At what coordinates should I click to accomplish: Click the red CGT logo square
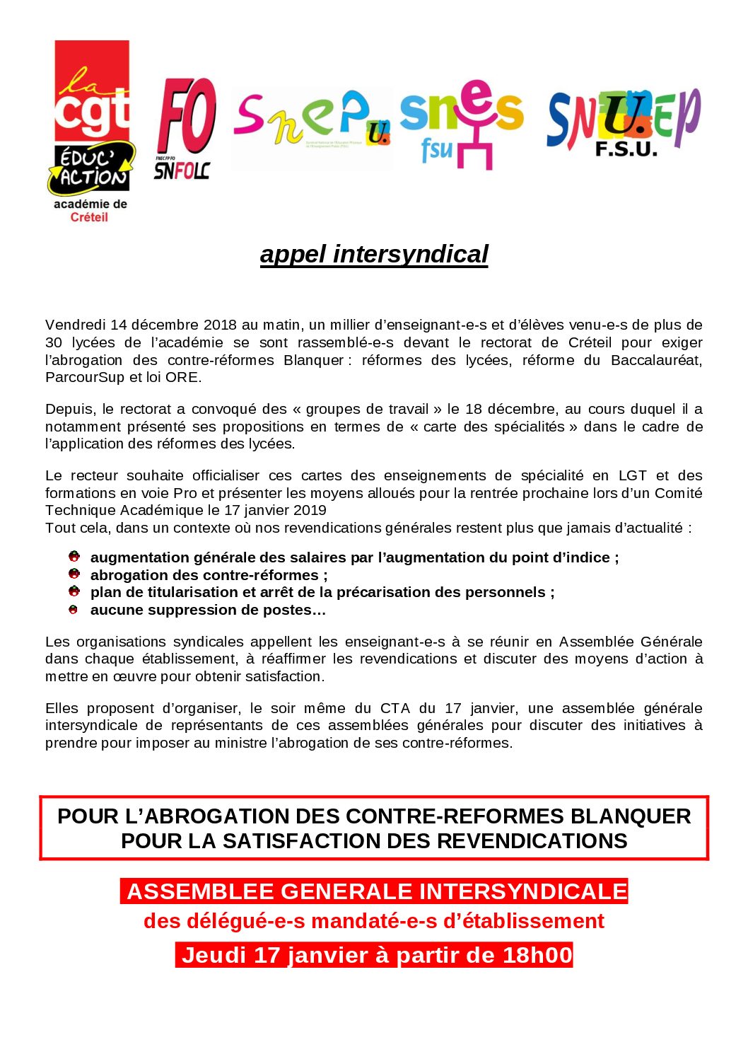(92, 91)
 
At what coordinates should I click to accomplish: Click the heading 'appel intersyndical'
(374, 254)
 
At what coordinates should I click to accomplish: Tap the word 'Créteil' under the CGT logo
(89, 217)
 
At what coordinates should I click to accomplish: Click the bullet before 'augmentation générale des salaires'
(74, 557)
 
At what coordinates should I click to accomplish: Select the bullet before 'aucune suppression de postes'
(74, 610)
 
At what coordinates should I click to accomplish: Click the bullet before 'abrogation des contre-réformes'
(74, 574)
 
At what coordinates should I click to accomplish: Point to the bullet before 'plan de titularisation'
(74, 591)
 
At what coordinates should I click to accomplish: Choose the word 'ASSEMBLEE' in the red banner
(201, 891)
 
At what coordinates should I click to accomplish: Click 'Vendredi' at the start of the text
(75, 325)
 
